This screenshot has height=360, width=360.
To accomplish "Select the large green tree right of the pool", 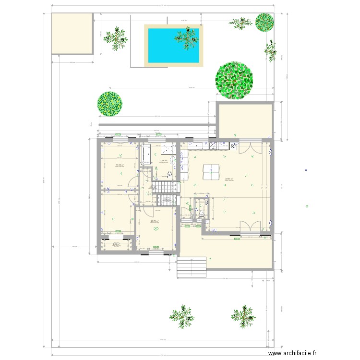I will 234,81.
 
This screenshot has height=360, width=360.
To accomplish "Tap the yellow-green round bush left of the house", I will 110,104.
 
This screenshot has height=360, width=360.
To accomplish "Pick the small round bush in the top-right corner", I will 264,22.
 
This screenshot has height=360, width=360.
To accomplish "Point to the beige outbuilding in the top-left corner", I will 72,33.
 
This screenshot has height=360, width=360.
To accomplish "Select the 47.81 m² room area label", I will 229,180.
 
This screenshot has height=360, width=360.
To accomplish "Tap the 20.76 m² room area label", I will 155,221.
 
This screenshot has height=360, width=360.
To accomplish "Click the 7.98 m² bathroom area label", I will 163,161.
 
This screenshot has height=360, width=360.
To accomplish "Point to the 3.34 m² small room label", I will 116,244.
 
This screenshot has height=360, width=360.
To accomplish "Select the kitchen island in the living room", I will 211,172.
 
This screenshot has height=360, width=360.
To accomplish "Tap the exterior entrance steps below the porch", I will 192,267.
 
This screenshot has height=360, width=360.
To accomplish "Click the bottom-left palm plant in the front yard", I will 182,315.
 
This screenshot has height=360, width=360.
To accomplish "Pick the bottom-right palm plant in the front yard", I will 243,315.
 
